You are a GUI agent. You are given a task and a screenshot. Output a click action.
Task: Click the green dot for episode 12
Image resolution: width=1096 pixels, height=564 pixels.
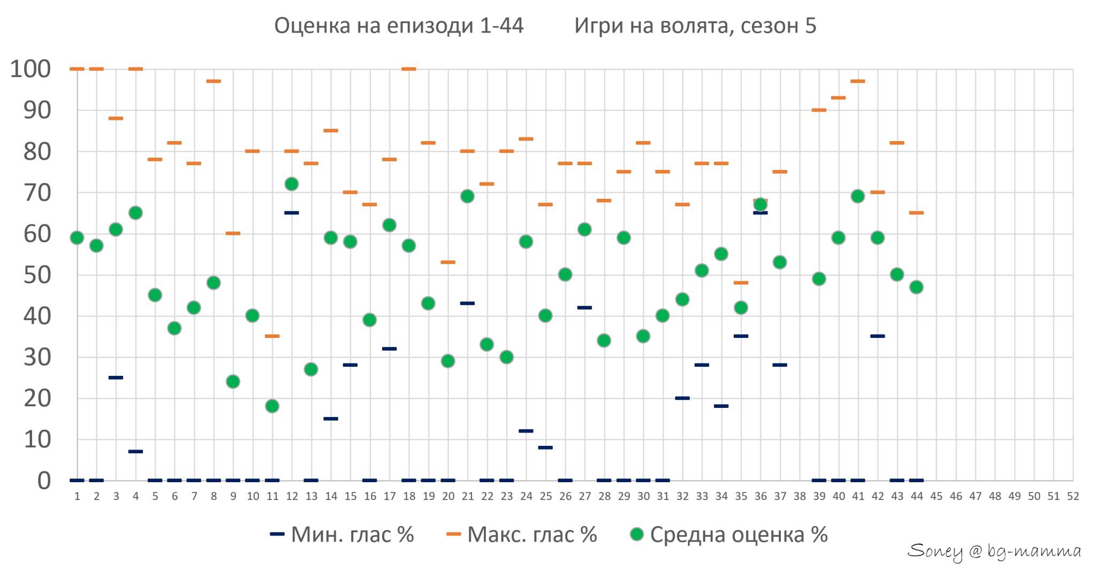(292, 184)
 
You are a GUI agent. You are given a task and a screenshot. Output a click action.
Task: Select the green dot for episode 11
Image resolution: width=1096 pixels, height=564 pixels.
(272, 406)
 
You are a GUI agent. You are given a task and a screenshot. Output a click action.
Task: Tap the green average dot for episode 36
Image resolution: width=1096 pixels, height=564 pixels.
(760, 205)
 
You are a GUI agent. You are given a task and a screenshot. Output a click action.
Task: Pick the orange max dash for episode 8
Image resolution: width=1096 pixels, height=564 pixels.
(214, 81)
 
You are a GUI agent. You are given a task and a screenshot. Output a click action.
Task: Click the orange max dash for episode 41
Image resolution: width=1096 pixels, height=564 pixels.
(858, 81)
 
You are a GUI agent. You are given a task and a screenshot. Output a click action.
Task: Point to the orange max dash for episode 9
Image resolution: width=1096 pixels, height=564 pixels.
(233, 234)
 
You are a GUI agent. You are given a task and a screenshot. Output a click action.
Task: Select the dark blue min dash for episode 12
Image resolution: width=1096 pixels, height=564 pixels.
(292, 213)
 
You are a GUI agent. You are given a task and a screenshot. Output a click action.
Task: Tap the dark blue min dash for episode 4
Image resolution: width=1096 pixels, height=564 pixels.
(135, 452)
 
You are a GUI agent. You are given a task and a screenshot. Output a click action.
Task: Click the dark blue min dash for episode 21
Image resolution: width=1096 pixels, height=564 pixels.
(467, 304)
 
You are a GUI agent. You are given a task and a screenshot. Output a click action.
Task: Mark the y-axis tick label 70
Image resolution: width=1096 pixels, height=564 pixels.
(37, 193)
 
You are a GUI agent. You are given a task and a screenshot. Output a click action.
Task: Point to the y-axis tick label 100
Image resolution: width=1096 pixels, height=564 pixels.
(31, 69)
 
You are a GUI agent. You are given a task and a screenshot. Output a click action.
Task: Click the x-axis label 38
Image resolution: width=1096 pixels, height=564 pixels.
(800, 497)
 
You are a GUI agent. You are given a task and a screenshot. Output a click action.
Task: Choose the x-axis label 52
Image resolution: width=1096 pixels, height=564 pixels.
(1073, 497)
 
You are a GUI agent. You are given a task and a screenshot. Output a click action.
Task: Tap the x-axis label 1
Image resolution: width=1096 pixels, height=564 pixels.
(77, 497)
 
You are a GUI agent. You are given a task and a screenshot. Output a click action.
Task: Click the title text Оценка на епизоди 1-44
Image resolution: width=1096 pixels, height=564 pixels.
(399, 26)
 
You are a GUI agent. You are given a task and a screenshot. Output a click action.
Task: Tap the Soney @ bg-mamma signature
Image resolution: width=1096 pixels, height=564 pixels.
(994, 551)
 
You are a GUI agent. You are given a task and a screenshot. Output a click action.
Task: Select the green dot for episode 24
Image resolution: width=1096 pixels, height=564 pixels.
(526, 242)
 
